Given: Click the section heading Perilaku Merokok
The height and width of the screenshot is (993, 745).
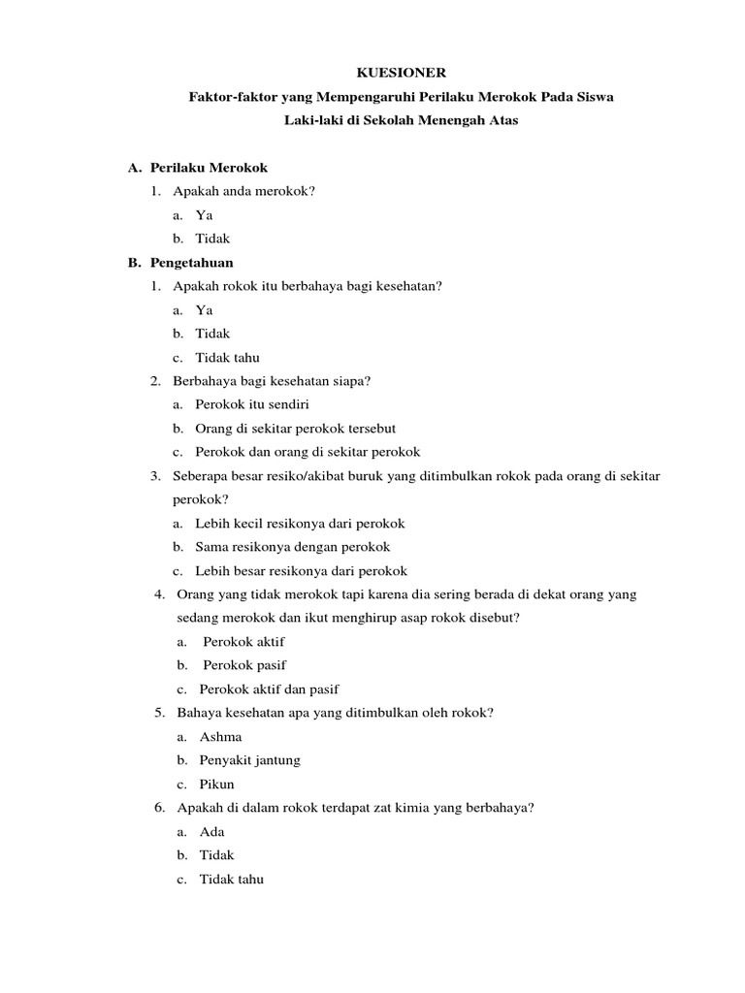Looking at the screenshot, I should tap(209, 168).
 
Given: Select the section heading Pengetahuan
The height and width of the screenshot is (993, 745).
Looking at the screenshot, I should tap(192, 263).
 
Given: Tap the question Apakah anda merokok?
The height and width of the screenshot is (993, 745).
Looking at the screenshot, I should tap(244, 191).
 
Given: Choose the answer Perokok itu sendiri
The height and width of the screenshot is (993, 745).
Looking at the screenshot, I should tap(251, 405).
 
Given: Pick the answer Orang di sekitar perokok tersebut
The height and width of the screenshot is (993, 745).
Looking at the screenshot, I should tap(295, 429).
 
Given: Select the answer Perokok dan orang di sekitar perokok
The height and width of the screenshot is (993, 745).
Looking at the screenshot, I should tap(308, 452).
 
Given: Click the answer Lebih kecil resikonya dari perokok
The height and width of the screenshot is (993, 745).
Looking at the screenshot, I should tap(300, 524).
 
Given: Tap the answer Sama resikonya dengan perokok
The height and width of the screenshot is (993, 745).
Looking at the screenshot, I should tap(293, 547).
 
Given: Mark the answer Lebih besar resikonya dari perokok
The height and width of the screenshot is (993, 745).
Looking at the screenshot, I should tap(301, 571).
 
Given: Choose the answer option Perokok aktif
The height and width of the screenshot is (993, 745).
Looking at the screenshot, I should tap(243, 642).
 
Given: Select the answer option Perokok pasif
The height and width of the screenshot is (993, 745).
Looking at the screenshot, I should tap(244, 665).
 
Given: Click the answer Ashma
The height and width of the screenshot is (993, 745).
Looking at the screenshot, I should tap(220, 737).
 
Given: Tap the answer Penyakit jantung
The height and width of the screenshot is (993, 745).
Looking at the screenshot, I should tap(249, 760).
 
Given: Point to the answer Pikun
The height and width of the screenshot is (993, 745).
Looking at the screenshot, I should tap(217, 785).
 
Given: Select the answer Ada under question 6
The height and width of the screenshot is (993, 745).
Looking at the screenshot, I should tap(211, 832).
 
